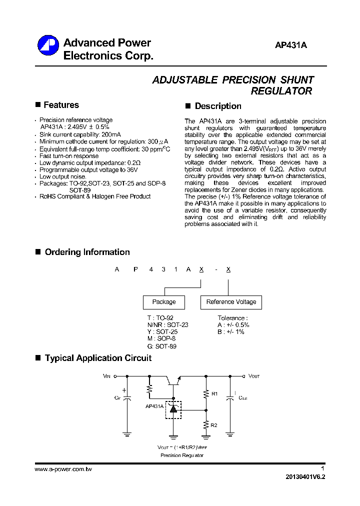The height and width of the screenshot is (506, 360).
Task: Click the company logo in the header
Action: [x=47, y=46]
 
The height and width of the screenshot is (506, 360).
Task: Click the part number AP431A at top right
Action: [x=290, y=45]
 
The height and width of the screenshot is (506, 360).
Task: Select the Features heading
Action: [x=61, y=105]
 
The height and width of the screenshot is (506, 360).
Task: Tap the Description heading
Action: [x=217, y=106]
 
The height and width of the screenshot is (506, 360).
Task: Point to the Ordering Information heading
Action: [x=87, y=252]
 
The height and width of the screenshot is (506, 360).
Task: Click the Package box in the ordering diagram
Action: [x=164, y=302]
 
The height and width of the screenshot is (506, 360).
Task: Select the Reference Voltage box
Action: [x=231, y=302]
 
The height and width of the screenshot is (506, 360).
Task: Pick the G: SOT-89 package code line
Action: [x=161, y=346]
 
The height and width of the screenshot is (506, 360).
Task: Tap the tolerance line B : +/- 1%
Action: [x=231, y=332]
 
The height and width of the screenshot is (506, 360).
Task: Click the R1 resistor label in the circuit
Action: [x=214, y=394]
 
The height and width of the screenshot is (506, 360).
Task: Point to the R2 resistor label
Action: [x=214, y=425]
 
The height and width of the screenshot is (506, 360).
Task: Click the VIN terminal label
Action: [x=106, y=376]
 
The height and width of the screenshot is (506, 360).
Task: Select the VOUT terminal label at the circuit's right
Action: [x=254, y=376]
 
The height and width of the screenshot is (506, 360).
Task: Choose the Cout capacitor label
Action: [x=242, y=398]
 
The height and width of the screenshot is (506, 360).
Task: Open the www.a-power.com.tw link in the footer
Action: [x=63, y=469]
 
